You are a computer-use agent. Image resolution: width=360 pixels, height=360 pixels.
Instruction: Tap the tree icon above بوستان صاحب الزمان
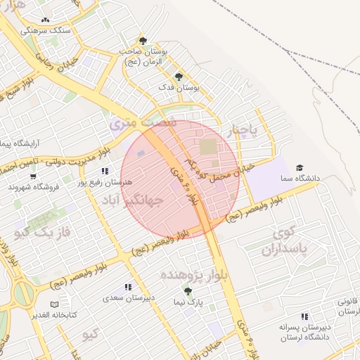tap(143, 40)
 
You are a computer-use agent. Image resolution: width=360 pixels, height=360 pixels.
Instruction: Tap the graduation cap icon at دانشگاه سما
tap(300, 168)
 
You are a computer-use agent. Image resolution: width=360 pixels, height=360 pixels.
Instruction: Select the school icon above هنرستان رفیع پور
tap(105, 171)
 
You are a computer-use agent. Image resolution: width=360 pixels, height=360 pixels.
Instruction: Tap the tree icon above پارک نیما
tap(188, 290)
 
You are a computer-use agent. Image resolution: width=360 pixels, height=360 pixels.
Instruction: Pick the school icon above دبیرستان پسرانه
tap(304, 316)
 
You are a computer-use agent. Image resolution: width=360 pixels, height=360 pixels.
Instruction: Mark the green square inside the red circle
tap(209, 148)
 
